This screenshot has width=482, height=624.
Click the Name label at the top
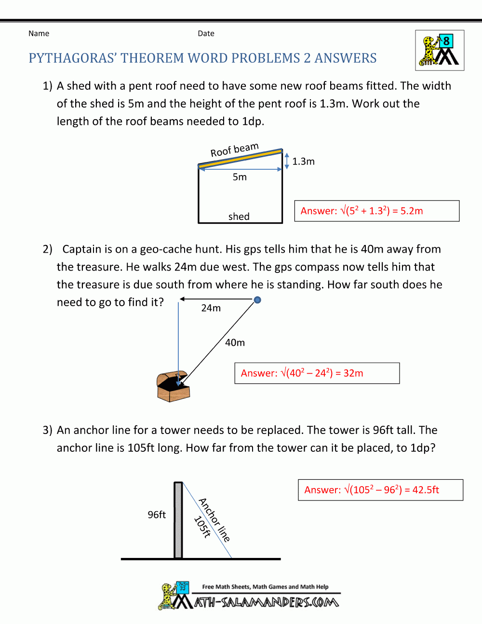click(39, 33)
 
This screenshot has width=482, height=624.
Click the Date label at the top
click(206, 33)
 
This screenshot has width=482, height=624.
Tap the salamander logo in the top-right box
click(440, 51)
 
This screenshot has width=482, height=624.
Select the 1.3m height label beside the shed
click(303, 162)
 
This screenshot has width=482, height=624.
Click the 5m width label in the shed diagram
click(240, 177)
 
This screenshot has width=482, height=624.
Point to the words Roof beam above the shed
click(234, 149)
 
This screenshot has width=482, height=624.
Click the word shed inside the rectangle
click(239, 217)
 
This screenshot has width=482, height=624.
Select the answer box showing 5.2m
click(376, 211)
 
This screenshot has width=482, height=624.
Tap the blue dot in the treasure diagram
click(257, 300)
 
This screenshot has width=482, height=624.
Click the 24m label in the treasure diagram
click(211, 308)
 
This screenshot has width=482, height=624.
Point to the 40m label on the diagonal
click(235, 343)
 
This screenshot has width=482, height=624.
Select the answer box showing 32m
click(317, 373)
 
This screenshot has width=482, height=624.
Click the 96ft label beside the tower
click(157, 515)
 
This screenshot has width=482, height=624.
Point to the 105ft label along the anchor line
click(202, 527)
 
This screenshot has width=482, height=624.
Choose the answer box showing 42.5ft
click(380, 490)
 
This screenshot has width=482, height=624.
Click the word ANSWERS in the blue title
click(346, 58)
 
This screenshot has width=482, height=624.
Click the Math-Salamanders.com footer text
click(266, 602)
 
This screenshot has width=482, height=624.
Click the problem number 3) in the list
click(47, 430)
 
